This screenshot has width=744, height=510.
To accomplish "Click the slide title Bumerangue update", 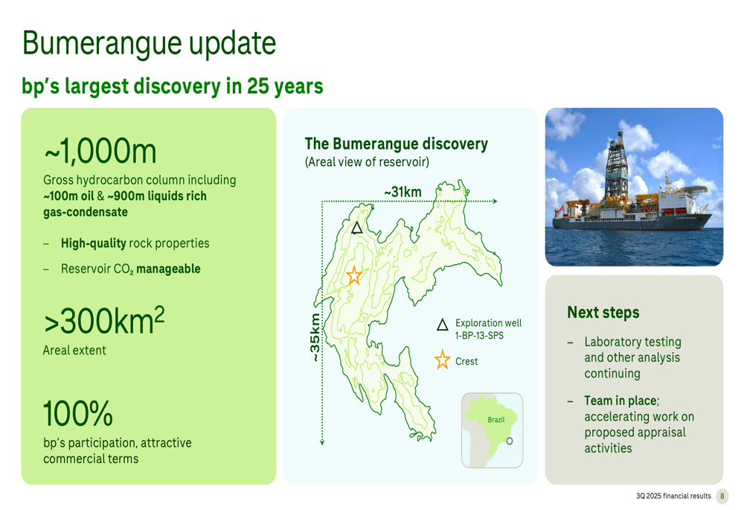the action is (149, 44).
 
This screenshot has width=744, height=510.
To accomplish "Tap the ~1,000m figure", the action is (100, 151).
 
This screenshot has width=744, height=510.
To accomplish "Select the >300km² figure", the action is (104, 321).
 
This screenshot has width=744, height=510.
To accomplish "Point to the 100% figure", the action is (78, 413).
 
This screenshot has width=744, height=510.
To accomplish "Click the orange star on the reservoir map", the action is (354, 275).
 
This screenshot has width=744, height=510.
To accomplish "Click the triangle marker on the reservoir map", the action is (357, 229).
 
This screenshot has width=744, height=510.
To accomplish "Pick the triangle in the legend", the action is (442, 325).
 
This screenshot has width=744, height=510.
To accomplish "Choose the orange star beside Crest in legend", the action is (442, 360).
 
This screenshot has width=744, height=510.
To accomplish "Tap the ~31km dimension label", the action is (403, 192).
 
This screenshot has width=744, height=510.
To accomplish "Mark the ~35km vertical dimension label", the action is (315, 337).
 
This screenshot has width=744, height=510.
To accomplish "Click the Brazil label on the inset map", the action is (496, 420).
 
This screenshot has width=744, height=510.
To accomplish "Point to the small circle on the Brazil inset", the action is (510, 441).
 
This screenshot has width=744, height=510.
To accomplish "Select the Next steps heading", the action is (603, 313).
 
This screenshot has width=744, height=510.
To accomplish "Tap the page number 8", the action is (722, 497).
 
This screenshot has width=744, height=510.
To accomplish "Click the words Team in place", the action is (621, 401).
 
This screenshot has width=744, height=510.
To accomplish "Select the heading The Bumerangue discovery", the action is (397, 144).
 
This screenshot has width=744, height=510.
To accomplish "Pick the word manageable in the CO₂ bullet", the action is (168, 269).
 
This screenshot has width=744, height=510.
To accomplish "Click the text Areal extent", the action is (74, 351).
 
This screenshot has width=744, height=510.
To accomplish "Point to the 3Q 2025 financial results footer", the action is (673, 497).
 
